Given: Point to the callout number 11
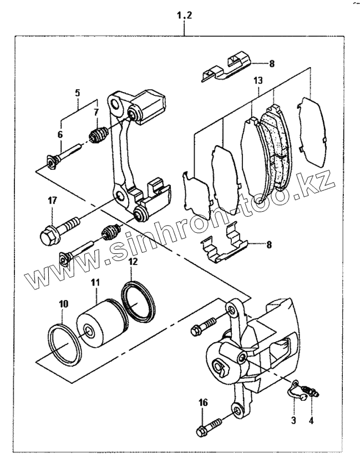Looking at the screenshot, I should click(x=95, y=283).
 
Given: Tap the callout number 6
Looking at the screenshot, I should click(x=60, y=134).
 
